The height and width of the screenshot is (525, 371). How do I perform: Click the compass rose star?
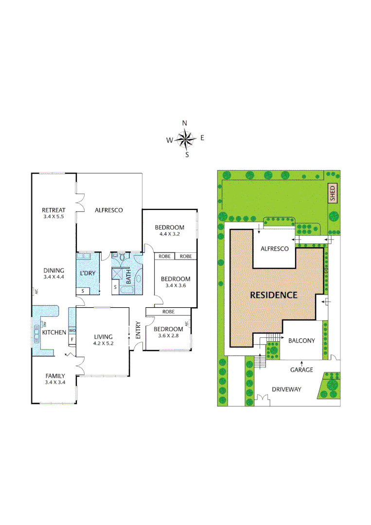(x=185, y=140)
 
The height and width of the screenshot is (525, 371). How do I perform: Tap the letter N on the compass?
(x=185, y=123)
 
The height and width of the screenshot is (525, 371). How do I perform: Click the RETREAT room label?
(x=53, y=210)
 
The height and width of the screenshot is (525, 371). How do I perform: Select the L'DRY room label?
(x=88, y=273)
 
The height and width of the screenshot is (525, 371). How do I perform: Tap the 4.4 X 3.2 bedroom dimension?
(x=169, y=234)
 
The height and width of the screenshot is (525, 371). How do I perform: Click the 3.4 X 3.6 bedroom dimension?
(x=176, y=285)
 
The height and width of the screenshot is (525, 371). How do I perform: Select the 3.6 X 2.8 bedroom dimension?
(x=168, y=336)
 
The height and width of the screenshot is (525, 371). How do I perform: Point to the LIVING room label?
(x=103, y=336)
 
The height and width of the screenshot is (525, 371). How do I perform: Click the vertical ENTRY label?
(x=138, y=331)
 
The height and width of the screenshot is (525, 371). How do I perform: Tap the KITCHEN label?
(x=54, y=332)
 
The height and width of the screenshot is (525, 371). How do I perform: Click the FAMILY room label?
(x=55, y=375)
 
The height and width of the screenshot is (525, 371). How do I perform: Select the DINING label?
(x=53, y=270)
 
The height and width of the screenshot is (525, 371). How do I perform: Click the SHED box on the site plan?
(x=333, y=193)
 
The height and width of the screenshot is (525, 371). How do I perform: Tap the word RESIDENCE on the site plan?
(x=273, y=295)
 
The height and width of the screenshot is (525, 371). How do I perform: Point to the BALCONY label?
(x=301, y=341)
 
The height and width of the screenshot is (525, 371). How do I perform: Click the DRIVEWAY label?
(x=286, y=389)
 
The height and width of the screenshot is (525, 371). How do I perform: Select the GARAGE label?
(x=301, y=369)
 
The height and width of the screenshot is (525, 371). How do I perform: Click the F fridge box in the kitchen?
(x=72, y=339)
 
